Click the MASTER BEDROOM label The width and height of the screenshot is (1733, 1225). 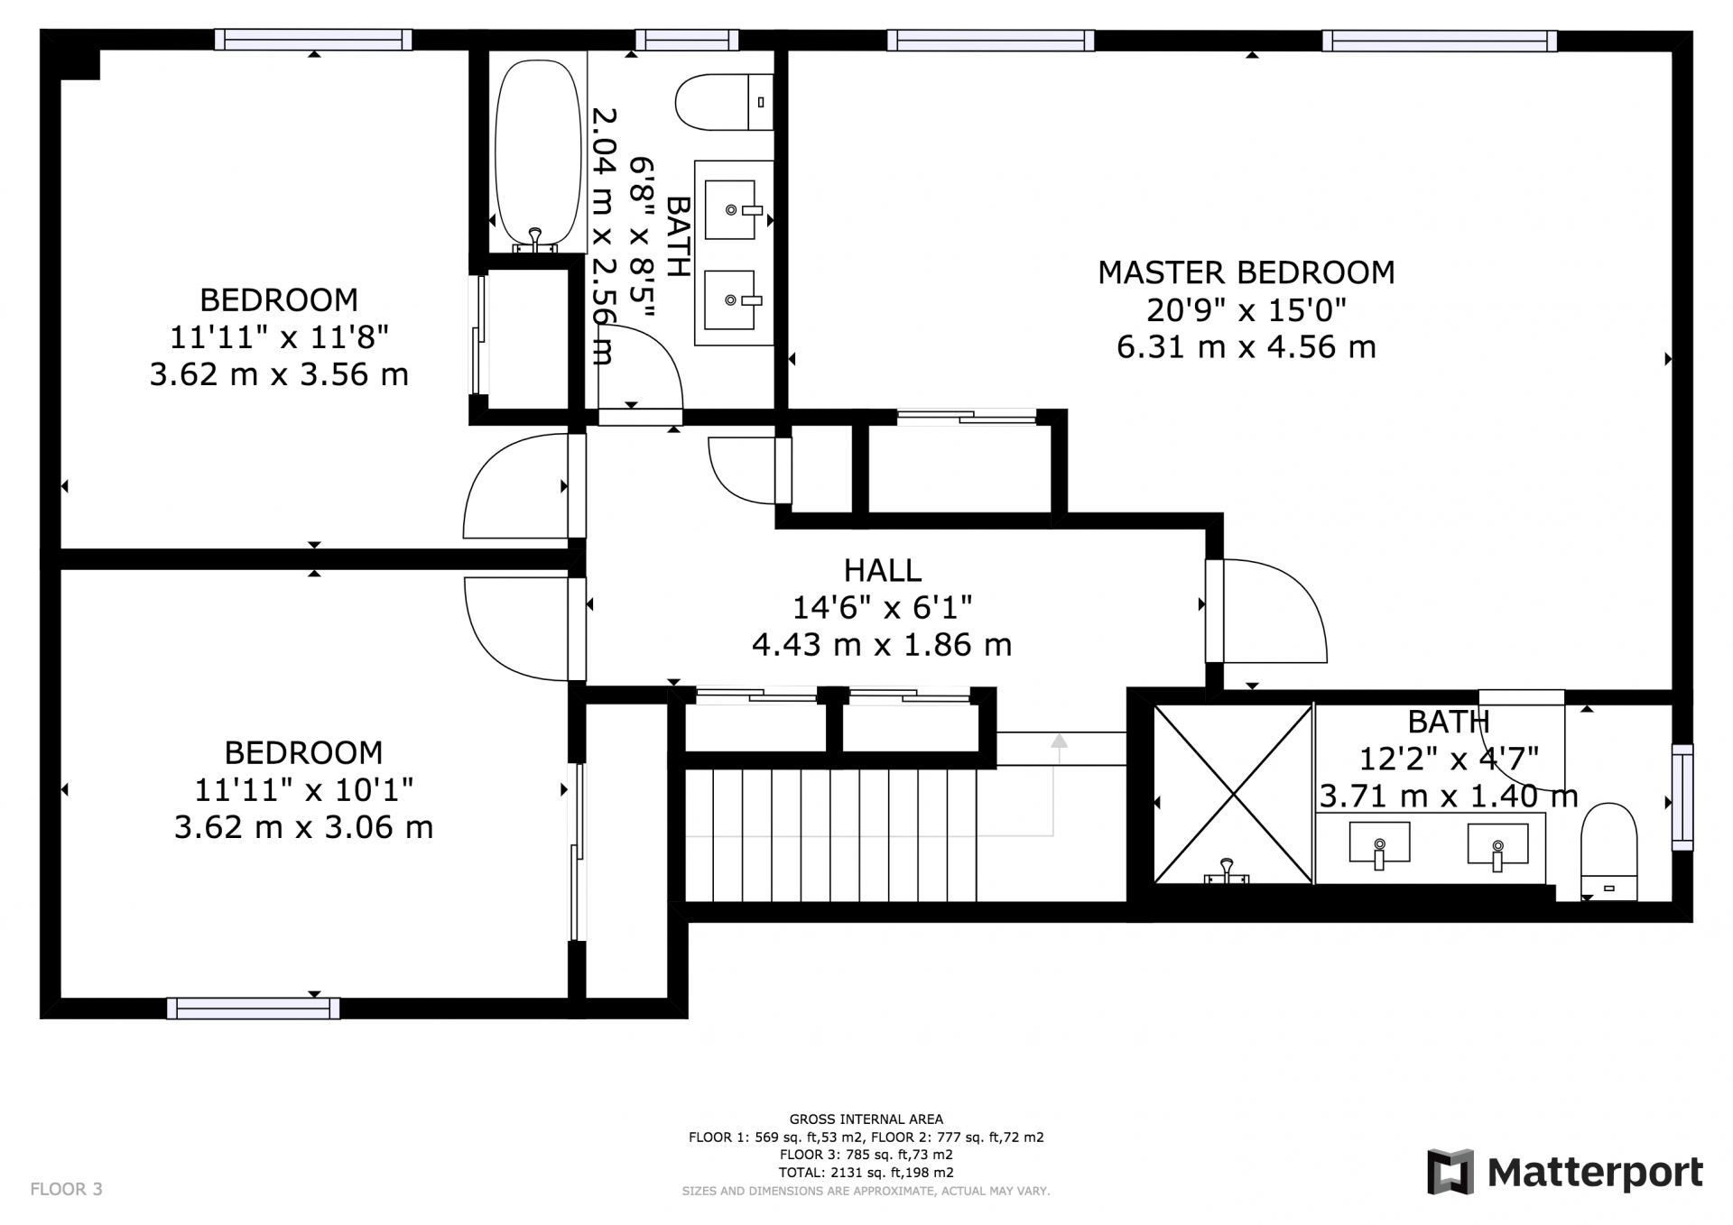(x=1246, y=272)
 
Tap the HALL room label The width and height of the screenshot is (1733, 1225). (x=882, y=570)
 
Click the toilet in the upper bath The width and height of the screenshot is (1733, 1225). (x=724, y=102)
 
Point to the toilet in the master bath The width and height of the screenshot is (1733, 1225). (x=1610, y=851)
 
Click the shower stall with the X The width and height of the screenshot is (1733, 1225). (x=1233, y=793)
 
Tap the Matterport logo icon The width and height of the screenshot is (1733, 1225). (x=1450, y=1171)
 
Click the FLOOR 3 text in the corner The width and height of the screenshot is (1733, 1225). (x=67, y=1189)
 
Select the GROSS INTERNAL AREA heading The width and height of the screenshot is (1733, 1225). (x=866, y=1119)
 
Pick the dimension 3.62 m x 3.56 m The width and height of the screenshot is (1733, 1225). (x=279, y=374)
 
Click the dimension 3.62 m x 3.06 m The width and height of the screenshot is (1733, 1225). (x=303, y=827)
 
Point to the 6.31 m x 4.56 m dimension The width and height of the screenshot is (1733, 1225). (x=1246, y=347)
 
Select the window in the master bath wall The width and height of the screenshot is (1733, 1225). (x=1682, y=797)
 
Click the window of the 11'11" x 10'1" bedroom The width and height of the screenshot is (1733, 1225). (x=254, y=1008)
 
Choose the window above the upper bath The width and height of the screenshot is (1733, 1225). (x=687, y=40)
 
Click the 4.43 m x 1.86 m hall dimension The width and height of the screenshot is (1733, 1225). (x=882, y=645)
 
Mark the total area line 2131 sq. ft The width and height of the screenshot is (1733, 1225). (x=866, y=1173)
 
